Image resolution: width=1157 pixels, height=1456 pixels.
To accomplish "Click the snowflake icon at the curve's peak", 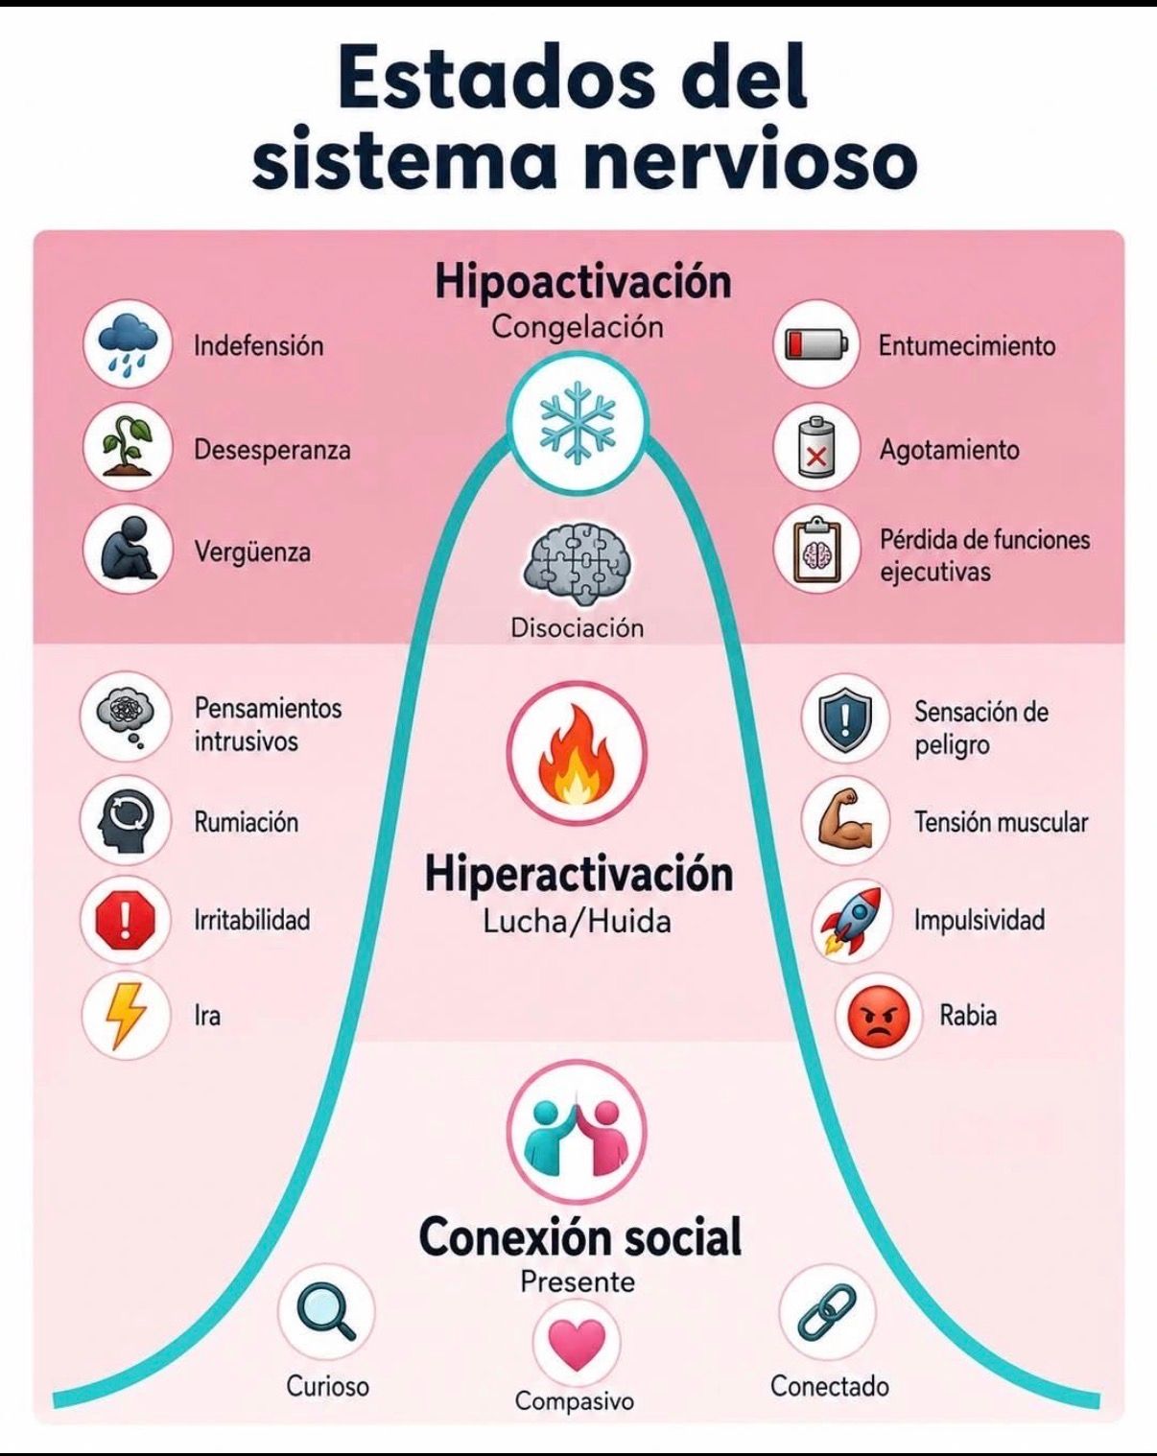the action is coord(578,422).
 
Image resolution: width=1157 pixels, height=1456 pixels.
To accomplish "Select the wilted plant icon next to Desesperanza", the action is coord(127,446).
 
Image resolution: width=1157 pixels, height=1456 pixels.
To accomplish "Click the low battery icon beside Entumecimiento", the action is coord(815,344).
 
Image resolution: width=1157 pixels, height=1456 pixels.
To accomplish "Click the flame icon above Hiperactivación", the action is coord(577,754).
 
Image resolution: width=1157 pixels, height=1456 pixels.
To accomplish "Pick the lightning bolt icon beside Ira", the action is coord(126,1015).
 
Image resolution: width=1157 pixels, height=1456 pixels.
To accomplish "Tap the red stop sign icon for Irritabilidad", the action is coord(126,920).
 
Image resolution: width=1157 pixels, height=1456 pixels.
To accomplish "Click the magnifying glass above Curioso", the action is coord(326,1312).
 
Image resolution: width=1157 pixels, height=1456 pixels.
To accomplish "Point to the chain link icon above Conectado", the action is coord(827,1312).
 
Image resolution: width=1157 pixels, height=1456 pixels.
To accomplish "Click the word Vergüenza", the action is coord(252,552).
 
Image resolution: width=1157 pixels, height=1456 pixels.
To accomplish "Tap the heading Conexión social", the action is coord(580,1236).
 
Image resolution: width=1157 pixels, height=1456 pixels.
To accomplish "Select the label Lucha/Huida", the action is coord(577,921).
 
